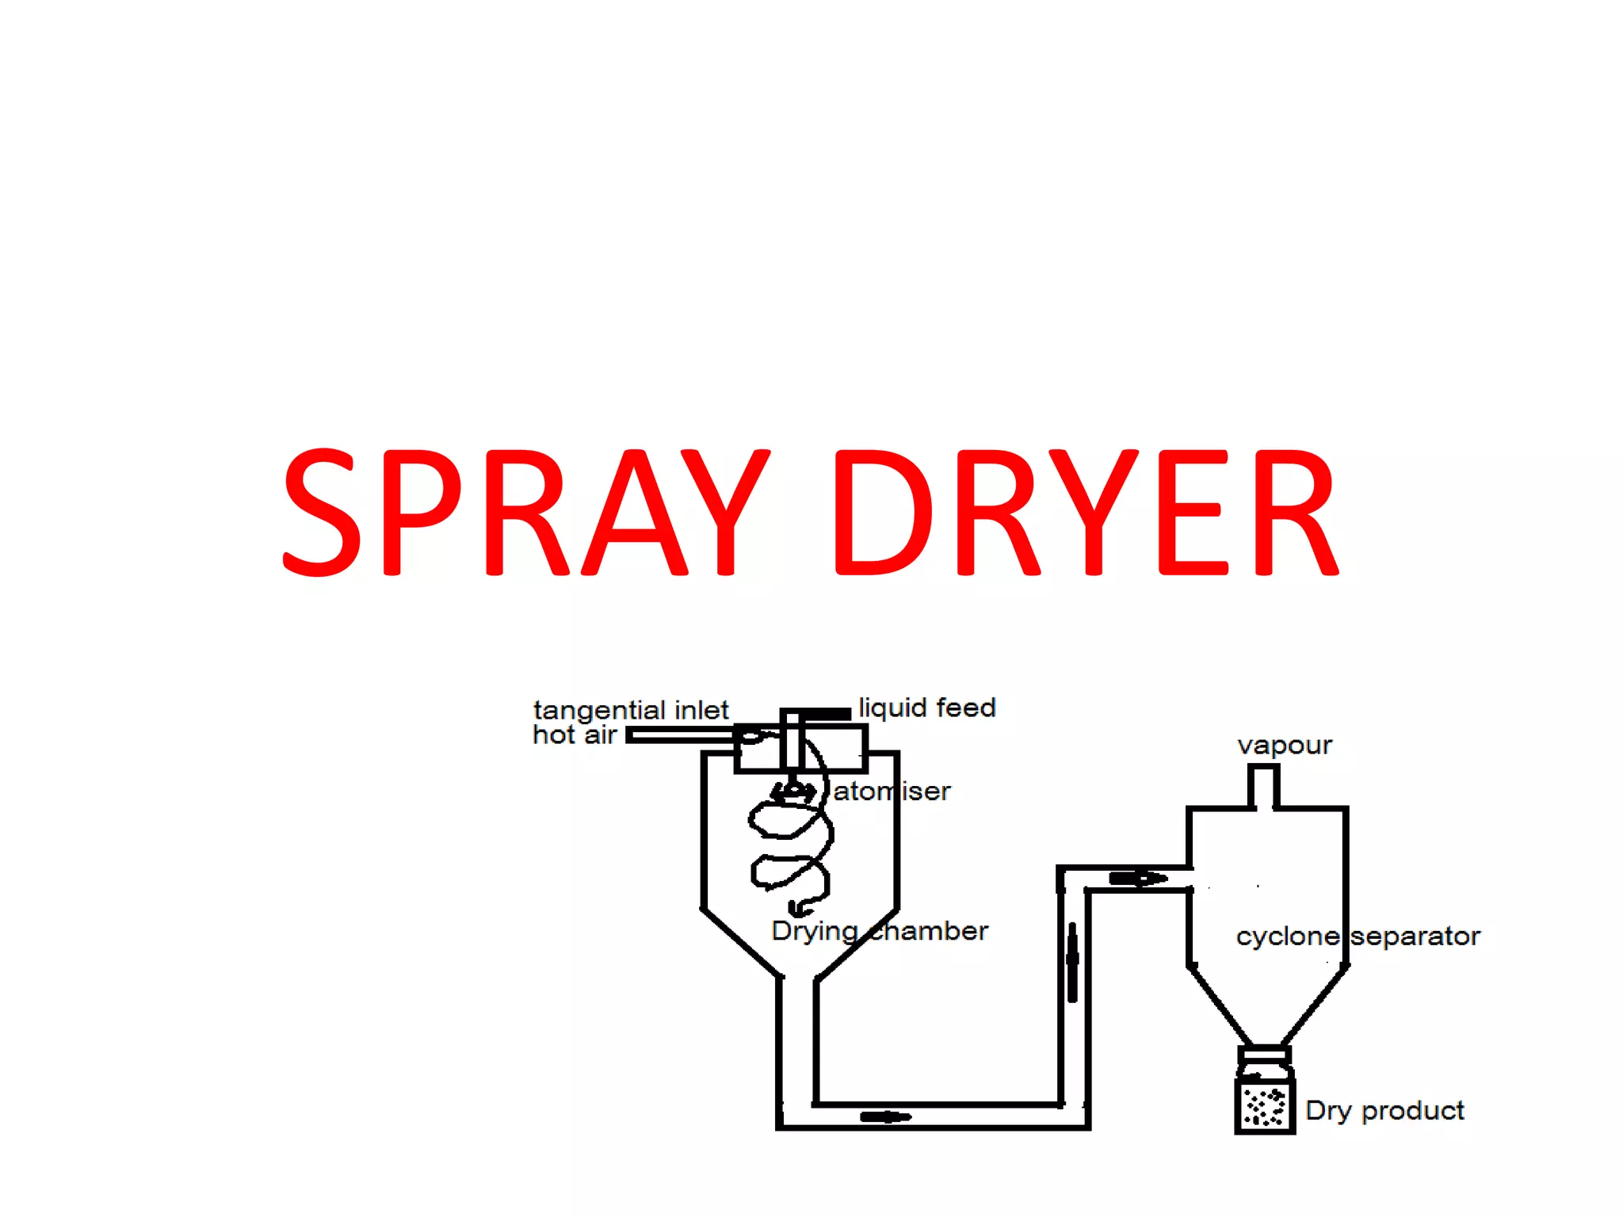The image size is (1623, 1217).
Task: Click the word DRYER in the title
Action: pyautogui.click(x=1085, y=511)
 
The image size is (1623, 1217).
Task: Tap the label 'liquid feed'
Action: pyautogui.click(x=926, y=708)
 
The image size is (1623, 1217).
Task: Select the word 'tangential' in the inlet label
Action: pyautogui.click(x=599, y=711)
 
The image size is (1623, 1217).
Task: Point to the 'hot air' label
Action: pyautogui.click(x=574, y=735)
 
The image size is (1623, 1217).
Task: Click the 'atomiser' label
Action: pyautogui.click(x=892, y=791)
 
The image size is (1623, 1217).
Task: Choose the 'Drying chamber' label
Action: pyautogui.click(x=879, y=931)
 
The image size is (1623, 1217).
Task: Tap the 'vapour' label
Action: pyautogui.click(x=1284, y=745)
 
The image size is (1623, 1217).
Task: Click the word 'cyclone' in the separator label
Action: pyautogui.click(x=1287, y=937)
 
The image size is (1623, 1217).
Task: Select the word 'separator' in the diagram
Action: pyautogui.click(x=1415, y=937)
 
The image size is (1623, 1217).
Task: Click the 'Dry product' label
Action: pyautogui.click(x=1384, y=1110)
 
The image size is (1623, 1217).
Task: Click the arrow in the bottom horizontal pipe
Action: pyautogui.click(x=885, y=1117)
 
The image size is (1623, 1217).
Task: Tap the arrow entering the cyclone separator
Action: pyautogui.click(x=1138, y=878)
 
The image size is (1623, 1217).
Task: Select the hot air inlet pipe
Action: pyautogui.click(x=682, y=736)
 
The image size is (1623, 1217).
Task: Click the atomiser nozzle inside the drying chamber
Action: pyautogui.click(x=792, y=792)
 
